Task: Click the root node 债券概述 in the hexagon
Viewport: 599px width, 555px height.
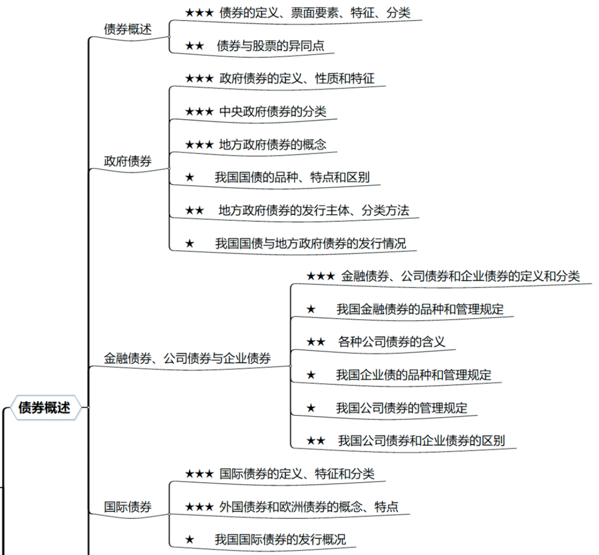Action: [44, 407]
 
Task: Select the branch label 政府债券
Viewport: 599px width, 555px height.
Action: [128, 161]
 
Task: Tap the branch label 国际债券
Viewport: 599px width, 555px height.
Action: [128, 507]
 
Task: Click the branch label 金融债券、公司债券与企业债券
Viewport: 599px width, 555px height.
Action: [187, 358]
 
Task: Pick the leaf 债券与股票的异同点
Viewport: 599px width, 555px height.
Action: [270, 46]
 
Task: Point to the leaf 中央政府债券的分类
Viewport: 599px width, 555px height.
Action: [273, 111]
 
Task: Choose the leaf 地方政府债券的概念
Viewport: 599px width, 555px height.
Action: [273, 144]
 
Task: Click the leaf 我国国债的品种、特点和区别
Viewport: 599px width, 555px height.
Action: [292, 177]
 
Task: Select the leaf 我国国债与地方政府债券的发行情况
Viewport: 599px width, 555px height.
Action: [310, 243]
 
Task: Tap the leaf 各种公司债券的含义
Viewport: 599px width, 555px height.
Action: [391, 341]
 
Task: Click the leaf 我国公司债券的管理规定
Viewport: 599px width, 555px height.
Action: [402, 408]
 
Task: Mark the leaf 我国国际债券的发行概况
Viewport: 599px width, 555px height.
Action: [280, 539]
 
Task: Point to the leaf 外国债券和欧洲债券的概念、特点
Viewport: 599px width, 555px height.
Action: [309, 506]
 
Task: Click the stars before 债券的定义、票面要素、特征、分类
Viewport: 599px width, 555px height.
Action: [199, 13]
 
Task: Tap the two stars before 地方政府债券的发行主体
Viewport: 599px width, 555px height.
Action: [194, 210]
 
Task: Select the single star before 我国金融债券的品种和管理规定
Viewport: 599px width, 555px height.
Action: [311, 309]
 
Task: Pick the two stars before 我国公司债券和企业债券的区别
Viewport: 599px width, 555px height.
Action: [316, 441]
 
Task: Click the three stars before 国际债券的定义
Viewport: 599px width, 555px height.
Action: [199, 474]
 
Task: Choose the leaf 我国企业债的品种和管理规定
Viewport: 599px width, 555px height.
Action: [414, 375]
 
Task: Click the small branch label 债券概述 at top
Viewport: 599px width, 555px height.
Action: [128, 30]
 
